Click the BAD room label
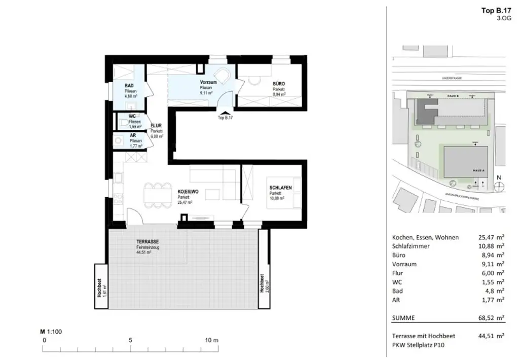coord(129,86)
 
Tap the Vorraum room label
coord(208,82)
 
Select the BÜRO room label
coord(278,84)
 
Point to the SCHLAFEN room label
coord(280,188)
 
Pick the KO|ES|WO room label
coord(188,192)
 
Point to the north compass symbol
coord(499,186)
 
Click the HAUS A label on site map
coord(476,171)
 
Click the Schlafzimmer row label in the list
coord(411,246)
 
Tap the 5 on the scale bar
coord(131,340)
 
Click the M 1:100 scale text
coord(51,332)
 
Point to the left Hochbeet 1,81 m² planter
coord(101,286)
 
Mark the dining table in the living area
coord(157,194)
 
